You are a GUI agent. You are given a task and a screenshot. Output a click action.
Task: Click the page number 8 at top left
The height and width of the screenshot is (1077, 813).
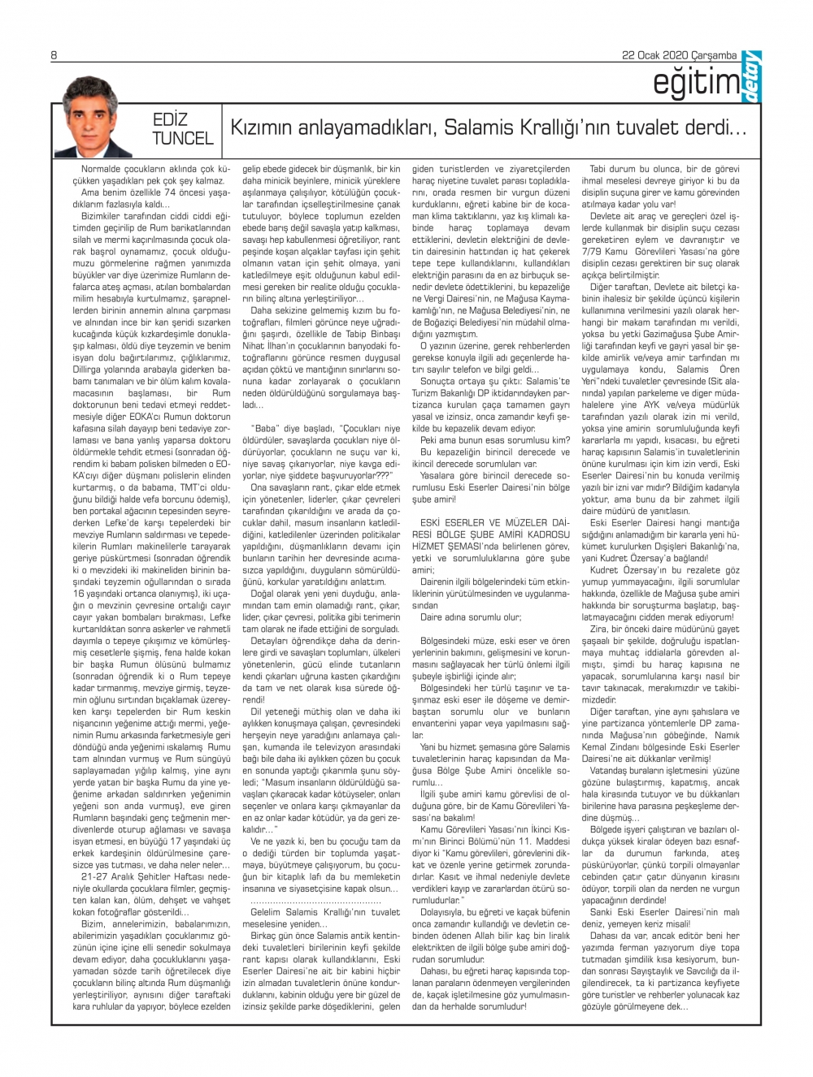[54, 56]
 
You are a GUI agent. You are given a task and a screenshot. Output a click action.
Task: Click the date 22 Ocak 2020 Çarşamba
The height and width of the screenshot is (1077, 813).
[679, 56]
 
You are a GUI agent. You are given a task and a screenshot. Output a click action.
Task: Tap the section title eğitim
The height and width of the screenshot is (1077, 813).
[696, 84]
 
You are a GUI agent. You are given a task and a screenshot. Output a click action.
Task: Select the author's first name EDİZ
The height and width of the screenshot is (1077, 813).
[171, 119]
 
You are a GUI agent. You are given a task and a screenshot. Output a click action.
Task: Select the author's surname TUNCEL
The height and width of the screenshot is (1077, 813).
[182, 139]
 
